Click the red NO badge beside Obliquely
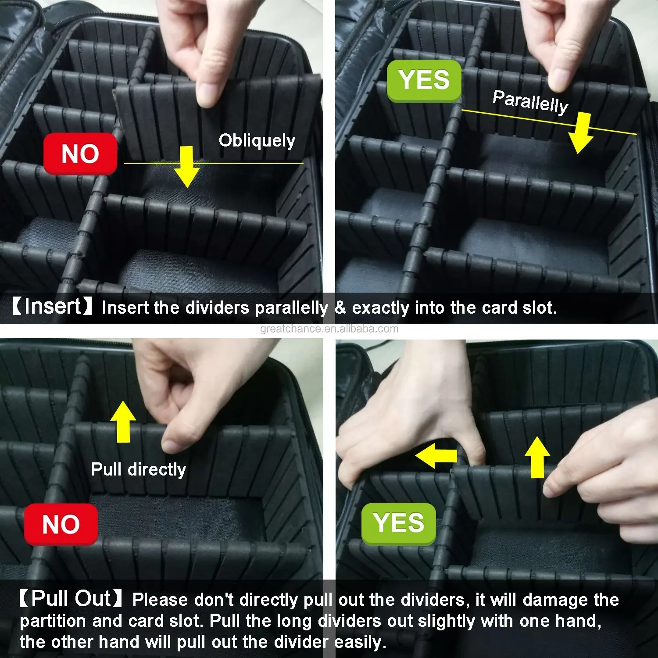pyautogui.click(x=80, y=154)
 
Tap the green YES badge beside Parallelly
pyautogui.click(x=424, y=81)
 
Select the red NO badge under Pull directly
pyautogui.click(x=61, y=524)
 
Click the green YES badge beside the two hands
pyautogui.click(x=398, y=523)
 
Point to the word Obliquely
pyautogui.click(x=257, y=141)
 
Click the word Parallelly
pyautogui.click(x=530, y=101)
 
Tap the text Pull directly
pyautogui.click(x=139, y=470)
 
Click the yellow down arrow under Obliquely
pyautogui.click(x=186, y=167)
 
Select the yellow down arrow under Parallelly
pyautogui.click(x=581, y=132)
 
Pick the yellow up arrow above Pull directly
pyautogui.click(x=123, y=422)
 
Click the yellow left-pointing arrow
pyautogui.click(x=436, y=456)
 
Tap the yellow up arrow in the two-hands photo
pyautogui.click(x=537, y=457)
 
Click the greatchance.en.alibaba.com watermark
pyautogui.click(x=329, y=329)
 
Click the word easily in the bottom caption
pyautogui.click(x=360, y=643)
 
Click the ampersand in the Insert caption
pyautogui.click(x=340, y=308)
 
